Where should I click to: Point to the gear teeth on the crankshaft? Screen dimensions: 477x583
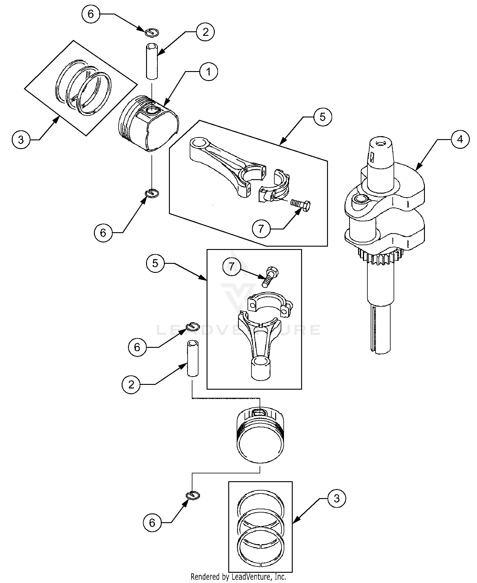pyautogui.click(x=380, y=257)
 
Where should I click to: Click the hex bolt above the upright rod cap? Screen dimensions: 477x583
pyautogui.click(x=270, y=276)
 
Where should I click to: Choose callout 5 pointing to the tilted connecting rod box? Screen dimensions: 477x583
pyautogui.click(x=323, y=117)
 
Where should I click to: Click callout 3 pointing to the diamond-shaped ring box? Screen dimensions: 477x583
pyautogui.click(x=21, y=140)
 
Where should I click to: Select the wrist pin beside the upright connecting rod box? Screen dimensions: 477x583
pyautogui.click(x=193, y=358)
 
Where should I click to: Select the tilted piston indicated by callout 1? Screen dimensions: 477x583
pyautogui.click(x=149, y=123)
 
